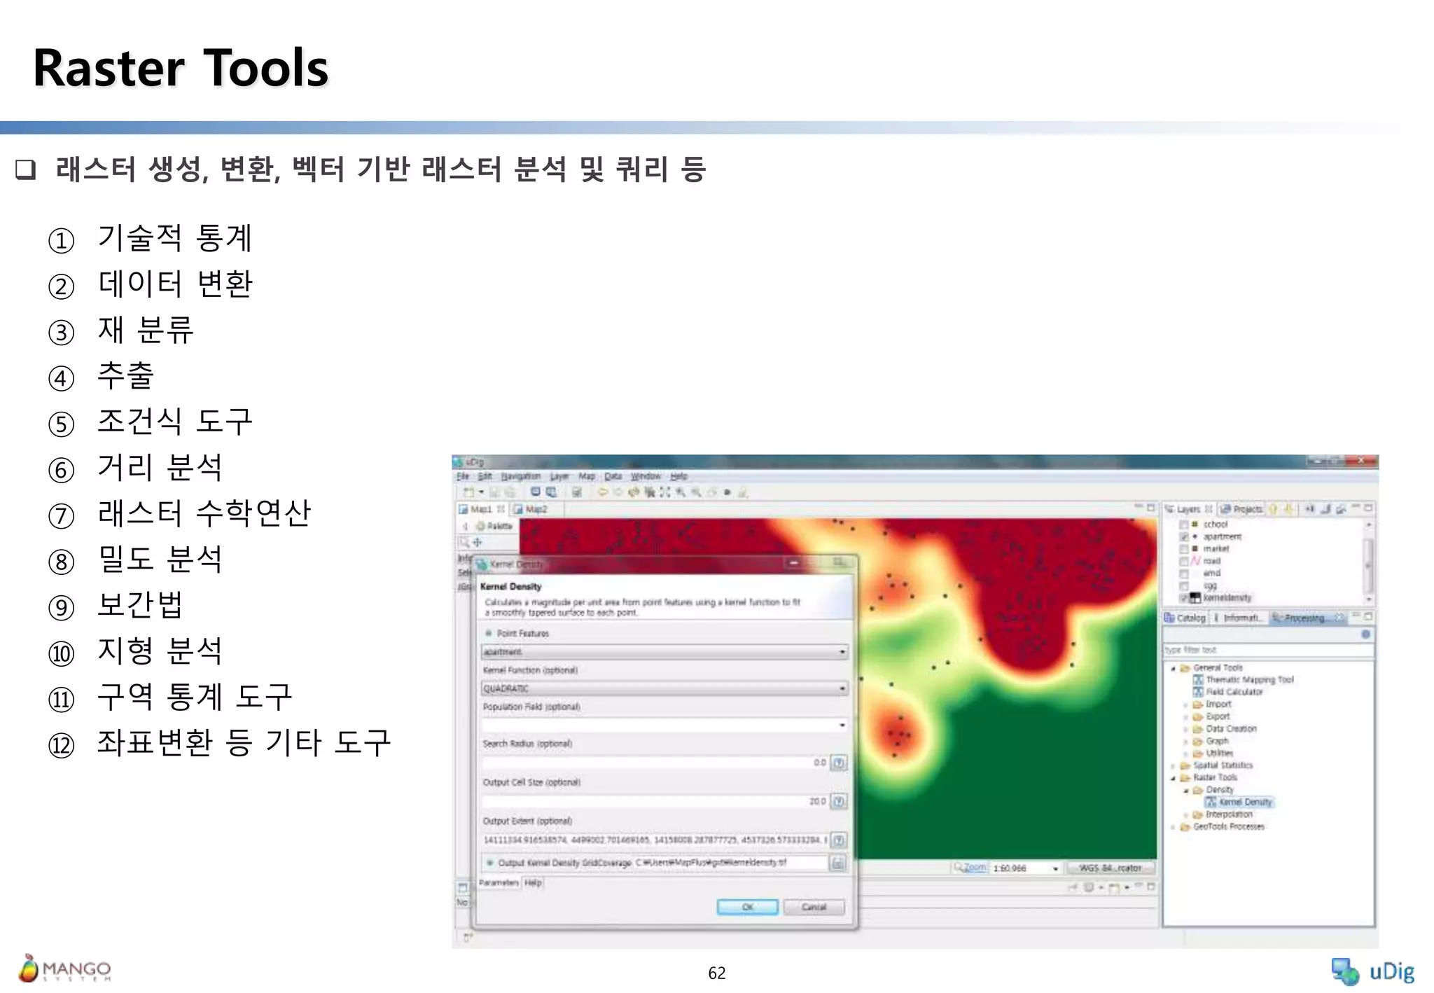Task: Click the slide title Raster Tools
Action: [x=181, y=69]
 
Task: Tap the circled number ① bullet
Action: [x=62, y=241]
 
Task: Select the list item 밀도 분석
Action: [x=160, y=560]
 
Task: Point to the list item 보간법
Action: [x=140, y=605]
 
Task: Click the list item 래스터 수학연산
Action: [x=204, y=513]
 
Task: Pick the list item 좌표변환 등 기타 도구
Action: [x=243, y=743]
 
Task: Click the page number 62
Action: [x=716, y=973]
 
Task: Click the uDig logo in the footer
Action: [x=1372, y=971]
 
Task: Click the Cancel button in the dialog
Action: [x=814, y=907]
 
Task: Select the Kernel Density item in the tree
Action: [x=1244, y=802]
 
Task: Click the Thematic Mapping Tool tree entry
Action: [x=1249, y=679]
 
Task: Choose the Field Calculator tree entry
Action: [x=1234, y=692]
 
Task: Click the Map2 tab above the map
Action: [x=535, y=509]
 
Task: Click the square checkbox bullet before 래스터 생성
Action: [x=26, y=169]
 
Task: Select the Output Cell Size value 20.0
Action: [x=816, y=801]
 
